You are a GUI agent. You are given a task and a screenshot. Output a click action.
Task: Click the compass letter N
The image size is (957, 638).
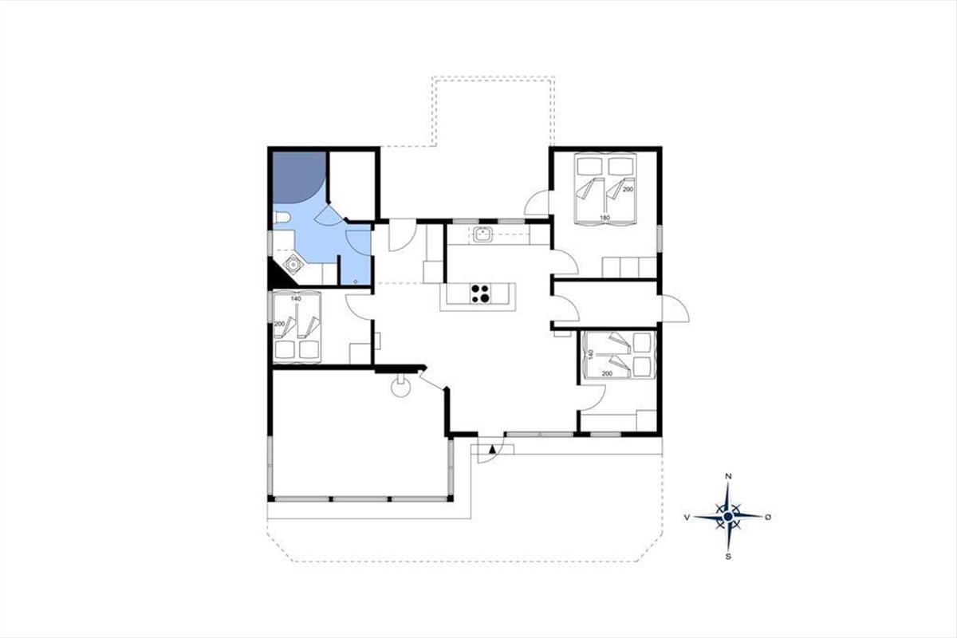(729, 476)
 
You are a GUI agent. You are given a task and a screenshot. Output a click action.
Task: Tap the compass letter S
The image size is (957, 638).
(728, 557)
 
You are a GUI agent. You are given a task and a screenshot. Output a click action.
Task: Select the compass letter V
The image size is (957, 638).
(687, 518)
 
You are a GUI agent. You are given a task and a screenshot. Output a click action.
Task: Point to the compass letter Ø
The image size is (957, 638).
(768, 517)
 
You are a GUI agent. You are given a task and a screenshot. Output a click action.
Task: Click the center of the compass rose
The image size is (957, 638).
(728, 517)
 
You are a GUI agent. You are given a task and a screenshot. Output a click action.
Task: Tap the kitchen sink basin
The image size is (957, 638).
(482, 234)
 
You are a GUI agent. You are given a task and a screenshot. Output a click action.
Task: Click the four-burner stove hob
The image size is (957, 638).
(480, 293)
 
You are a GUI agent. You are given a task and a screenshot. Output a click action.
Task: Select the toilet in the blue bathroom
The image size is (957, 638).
(281, 219)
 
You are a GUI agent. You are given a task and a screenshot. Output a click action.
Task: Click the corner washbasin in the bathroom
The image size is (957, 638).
(293, 265)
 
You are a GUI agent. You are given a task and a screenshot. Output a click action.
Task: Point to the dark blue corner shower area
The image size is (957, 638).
(297, 176)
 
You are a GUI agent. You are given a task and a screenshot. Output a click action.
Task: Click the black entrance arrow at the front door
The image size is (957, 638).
(492, 449)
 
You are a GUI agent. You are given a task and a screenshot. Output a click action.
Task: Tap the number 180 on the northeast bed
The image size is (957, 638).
(605, 218)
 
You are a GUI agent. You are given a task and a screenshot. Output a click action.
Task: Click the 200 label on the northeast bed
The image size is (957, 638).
(628, 189)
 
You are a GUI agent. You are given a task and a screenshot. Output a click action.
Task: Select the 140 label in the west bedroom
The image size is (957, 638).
(296, 299)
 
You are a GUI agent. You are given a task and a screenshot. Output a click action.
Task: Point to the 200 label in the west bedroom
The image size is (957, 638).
(279, 324)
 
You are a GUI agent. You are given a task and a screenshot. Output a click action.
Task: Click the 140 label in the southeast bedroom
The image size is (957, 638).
(591, 355)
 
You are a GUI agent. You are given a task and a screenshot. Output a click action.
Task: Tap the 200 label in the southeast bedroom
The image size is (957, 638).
(607, 373)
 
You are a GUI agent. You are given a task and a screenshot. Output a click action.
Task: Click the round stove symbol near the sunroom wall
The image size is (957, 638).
(400, 388)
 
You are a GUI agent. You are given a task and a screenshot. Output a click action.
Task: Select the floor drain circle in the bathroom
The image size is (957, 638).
(356, 282)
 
